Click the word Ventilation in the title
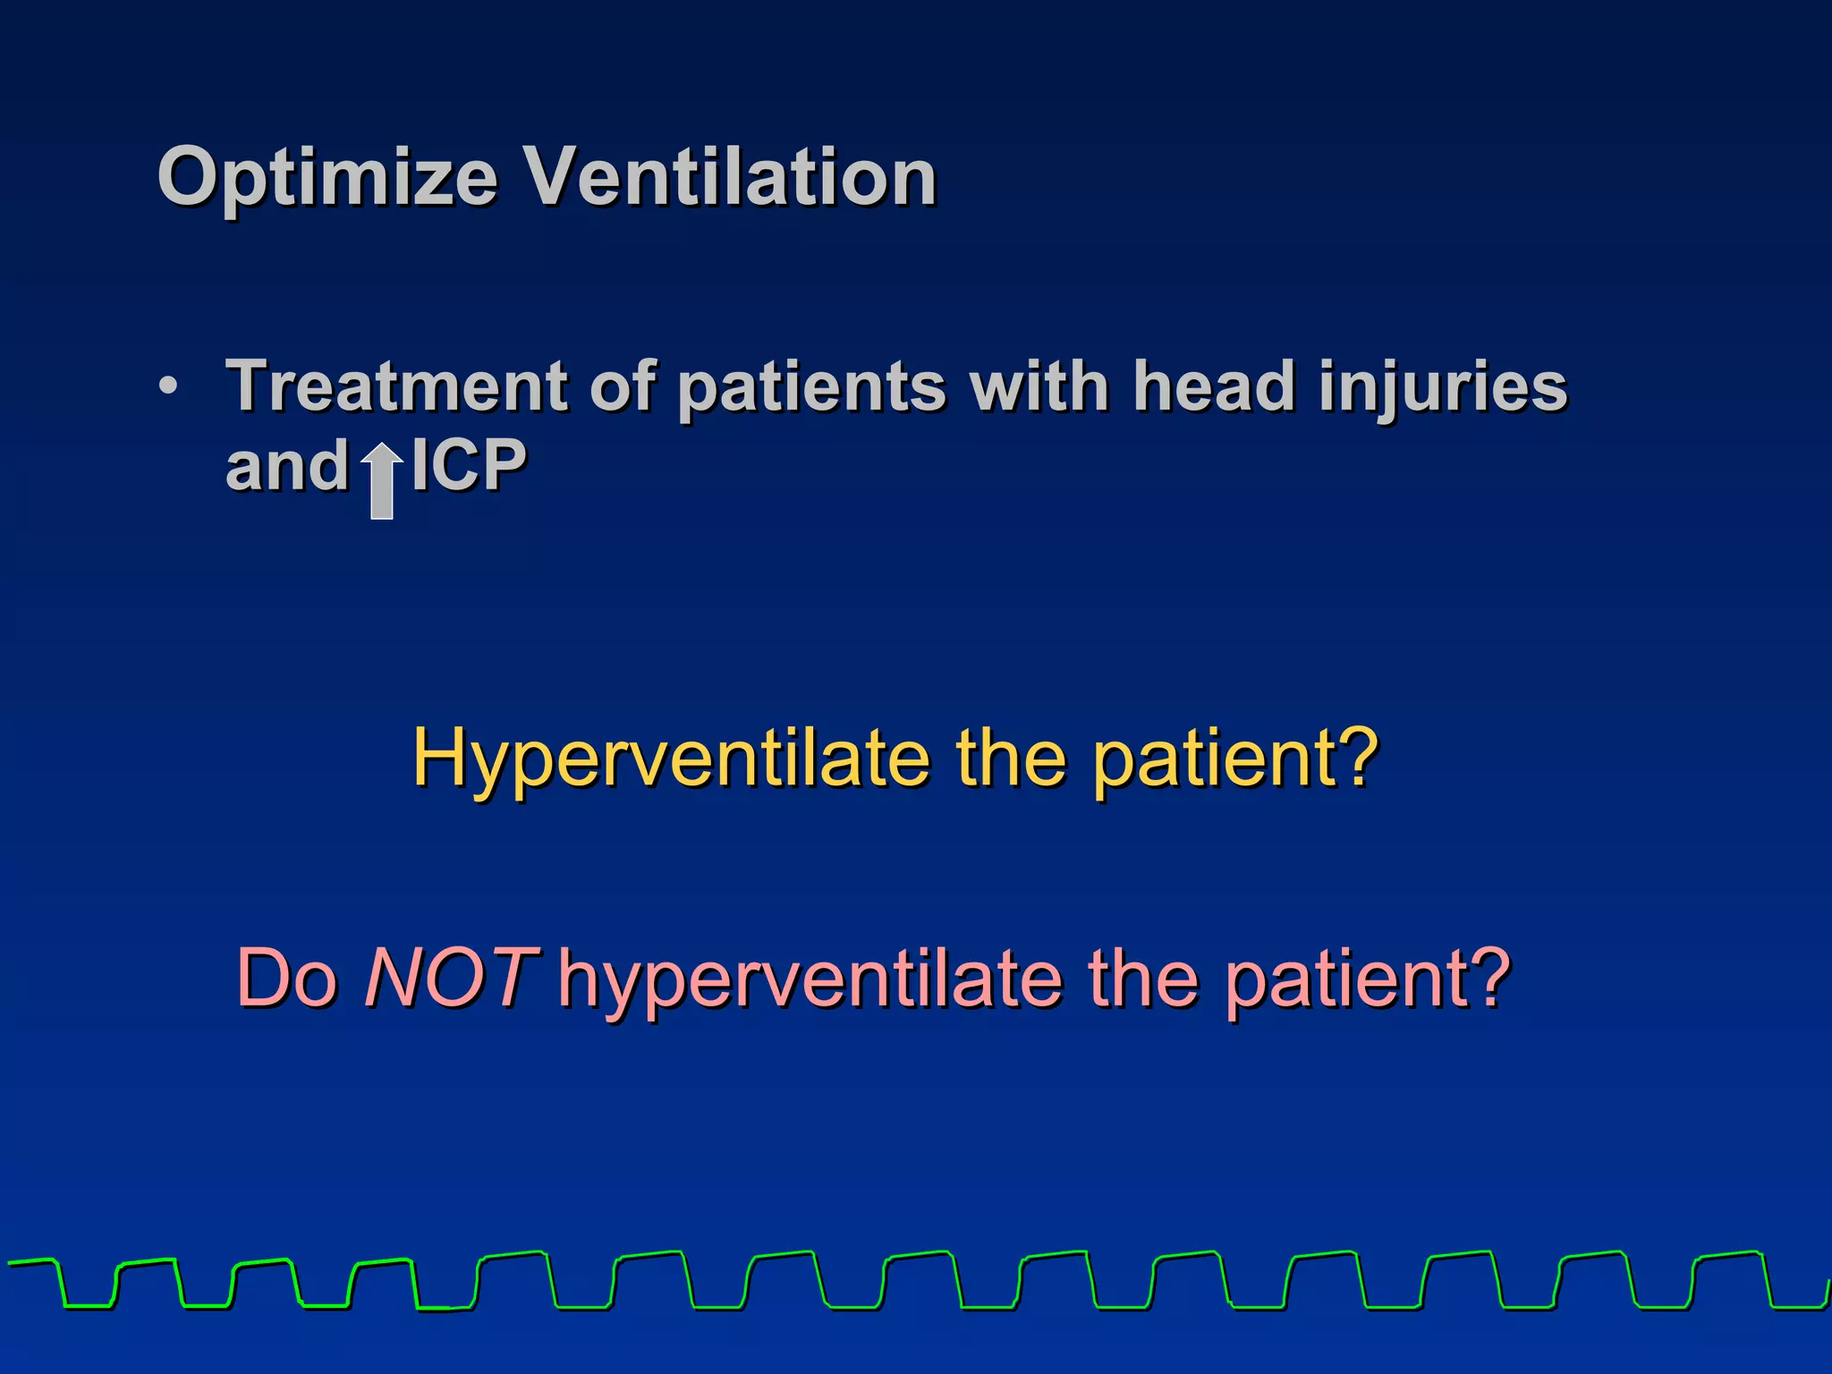[x=729, y=176]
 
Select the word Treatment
[x=396, y=386]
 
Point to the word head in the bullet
[x=1214, y=386]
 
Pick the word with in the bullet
[x=1039, y=386]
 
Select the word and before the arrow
[x=286, y=467]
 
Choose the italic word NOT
[x=450, y=978]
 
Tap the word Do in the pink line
[x=287, y=978]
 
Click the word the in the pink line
[x=1142, y=978]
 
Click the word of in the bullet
[x=622, y=386]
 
